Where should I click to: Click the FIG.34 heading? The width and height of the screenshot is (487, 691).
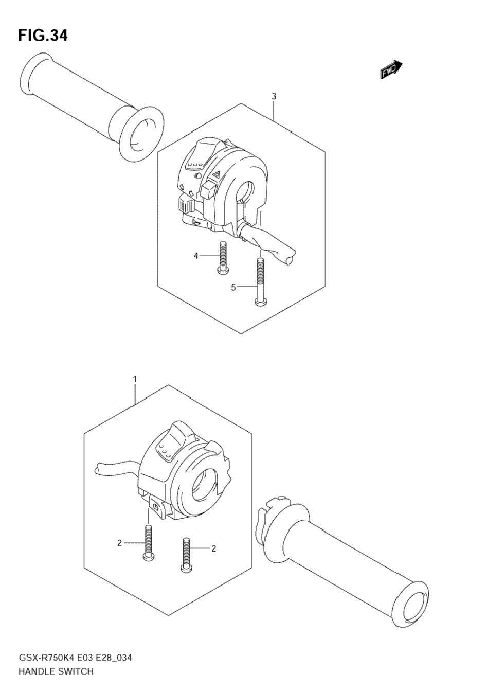click(x=43, y=36)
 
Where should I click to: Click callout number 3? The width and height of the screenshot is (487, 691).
click(x=274, y=96)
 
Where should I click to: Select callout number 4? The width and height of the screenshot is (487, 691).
click(x=196, y=256)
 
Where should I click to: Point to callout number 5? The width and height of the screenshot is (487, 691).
click(x=233, y=287)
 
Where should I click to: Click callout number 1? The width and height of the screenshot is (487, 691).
click(x=135, y=380)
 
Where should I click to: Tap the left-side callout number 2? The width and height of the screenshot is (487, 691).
click(x=119, y=543)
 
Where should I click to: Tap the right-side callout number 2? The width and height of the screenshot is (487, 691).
click(x=213, y=548)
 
